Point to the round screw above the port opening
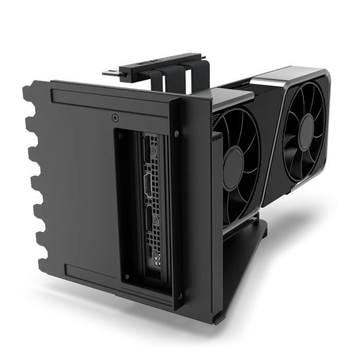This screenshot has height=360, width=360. (114, 118)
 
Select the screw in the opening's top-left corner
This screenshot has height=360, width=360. (121, 135)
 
